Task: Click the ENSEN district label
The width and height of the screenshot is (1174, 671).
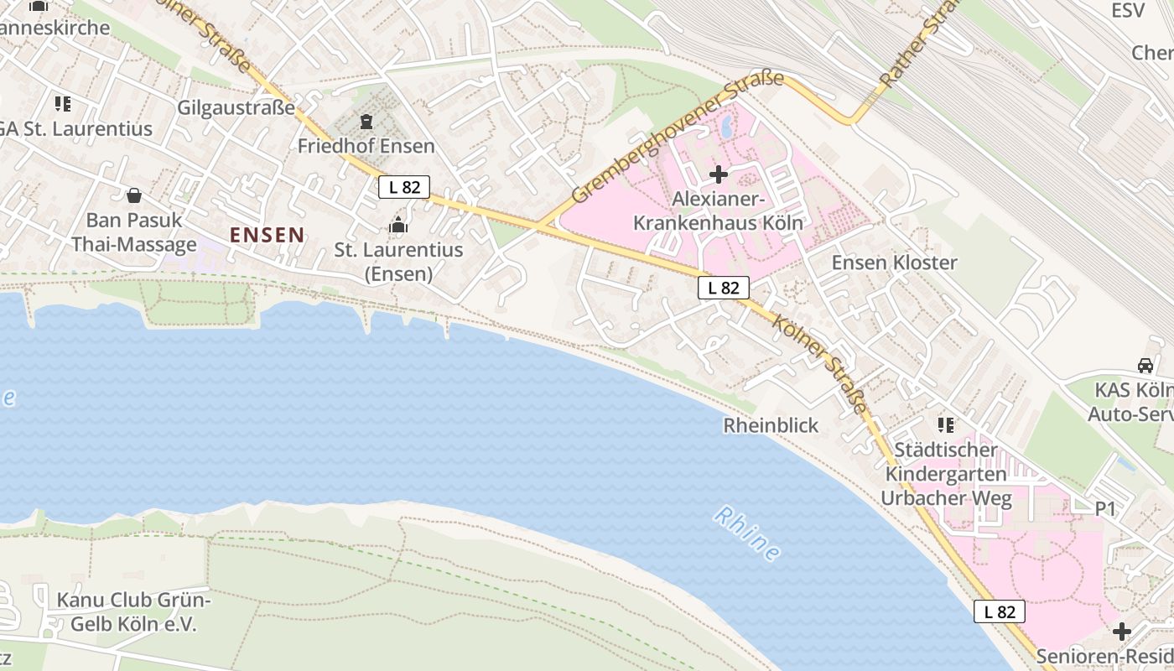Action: coord(267,235)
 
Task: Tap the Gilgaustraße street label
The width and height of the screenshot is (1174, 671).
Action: coord(236,107)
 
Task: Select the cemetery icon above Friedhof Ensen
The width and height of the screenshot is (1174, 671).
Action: coord(366,122)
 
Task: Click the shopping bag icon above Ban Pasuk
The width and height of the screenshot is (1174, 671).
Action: coord(133,196)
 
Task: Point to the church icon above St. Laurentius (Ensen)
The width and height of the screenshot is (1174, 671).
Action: coord(398,225)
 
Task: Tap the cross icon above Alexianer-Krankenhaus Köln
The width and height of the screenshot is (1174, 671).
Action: coord(718,174)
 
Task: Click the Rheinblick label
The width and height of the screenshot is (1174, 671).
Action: coord(771,425)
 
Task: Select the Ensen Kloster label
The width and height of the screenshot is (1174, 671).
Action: coord(894,263)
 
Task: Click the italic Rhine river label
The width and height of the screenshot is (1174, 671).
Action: coord(747,533)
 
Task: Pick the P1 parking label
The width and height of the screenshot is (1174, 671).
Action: coord(1106,508)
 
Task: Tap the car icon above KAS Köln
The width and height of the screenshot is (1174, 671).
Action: coord(1145,366)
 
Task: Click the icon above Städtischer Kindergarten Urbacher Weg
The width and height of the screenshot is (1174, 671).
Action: coord(946,425)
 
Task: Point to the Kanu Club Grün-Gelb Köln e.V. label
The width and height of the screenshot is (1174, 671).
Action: coord(133,612)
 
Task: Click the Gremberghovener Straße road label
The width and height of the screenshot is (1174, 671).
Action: coord(678,138)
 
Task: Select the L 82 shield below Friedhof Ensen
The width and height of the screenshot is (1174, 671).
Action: coord(404,187)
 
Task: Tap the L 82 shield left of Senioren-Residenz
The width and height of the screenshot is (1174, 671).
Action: coord(1000,611)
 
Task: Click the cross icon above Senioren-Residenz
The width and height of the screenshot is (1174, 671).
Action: coord(1122,632)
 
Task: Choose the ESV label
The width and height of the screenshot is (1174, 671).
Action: coord(1127,10)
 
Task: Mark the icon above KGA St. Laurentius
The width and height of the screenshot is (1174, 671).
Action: coord(63,104)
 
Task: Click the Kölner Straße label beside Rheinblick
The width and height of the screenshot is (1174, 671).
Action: coord(820,363)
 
